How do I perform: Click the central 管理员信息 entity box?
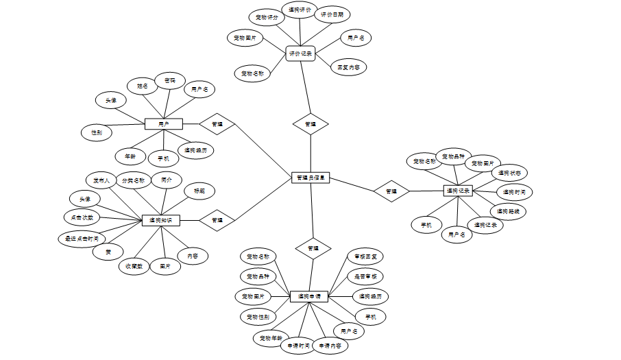tap(311, 178)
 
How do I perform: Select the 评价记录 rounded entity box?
tap(300, 53)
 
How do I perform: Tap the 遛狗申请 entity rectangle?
tap(309, 297)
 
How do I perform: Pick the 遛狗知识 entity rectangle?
tap(160, 220)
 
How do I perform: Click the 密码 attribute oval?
tap(169, 80)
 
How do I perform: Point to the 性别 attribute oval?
tap(96, 132)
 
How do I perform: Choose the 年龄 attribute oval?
tap(130, 156)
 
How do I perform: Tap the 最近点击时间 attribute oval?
tap(82, 239)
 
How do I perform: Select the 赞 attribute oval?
tap(108, 252)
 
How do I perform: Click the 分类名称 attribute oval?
tap(133, 180)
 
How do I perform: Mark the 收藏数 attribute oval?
tap(134, 266)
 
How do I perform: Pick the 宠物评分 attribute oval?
tap(267, 17)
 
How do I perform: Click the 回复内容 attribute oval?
tap(349, 67)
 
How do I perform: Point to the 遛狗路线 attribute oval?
tap(508, 211)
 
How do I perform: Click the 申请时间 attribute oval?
tap(298, 346)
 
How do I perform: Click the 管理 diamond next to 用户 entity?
tap(217, 124)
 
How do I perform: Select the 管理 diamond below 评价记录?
tap(310, 124)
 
